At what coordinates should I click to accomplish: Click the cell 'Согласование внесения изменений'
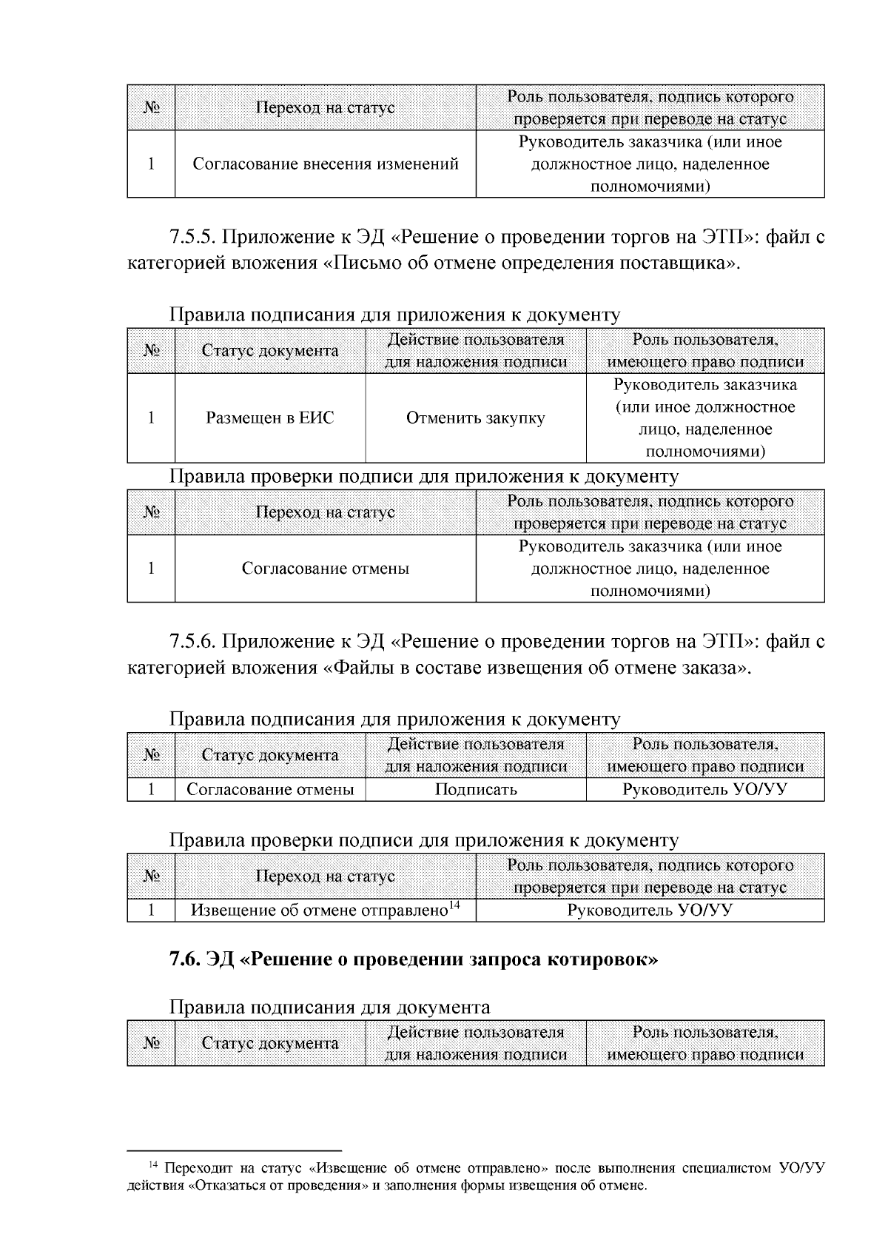click(x=325, y=164)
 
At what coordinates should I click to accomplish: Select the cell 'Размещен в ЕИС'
click(x=269, y=418)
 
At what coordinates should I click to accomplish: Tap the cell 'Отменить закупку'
click(x=475, y=418)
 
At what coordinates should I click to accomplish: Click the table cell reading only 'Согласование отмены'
click(x=325, y=569)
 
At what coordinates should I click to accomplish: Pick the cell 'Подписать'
click(x=475, y=790)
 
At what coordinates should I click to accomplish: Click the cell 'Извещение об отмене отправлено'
click(x=320, y=911)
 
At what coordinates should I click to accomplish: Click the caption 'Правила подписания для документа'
click(x=329, y=1007)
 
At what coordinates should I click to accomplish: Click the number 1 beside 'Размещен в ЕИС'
click(x=151, y=418)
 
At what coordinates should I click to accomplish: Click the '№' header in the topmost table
click(x=151, y=108)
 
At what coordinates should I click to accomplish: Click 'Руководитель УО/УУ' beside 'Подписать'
click(x=704, y=790)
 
